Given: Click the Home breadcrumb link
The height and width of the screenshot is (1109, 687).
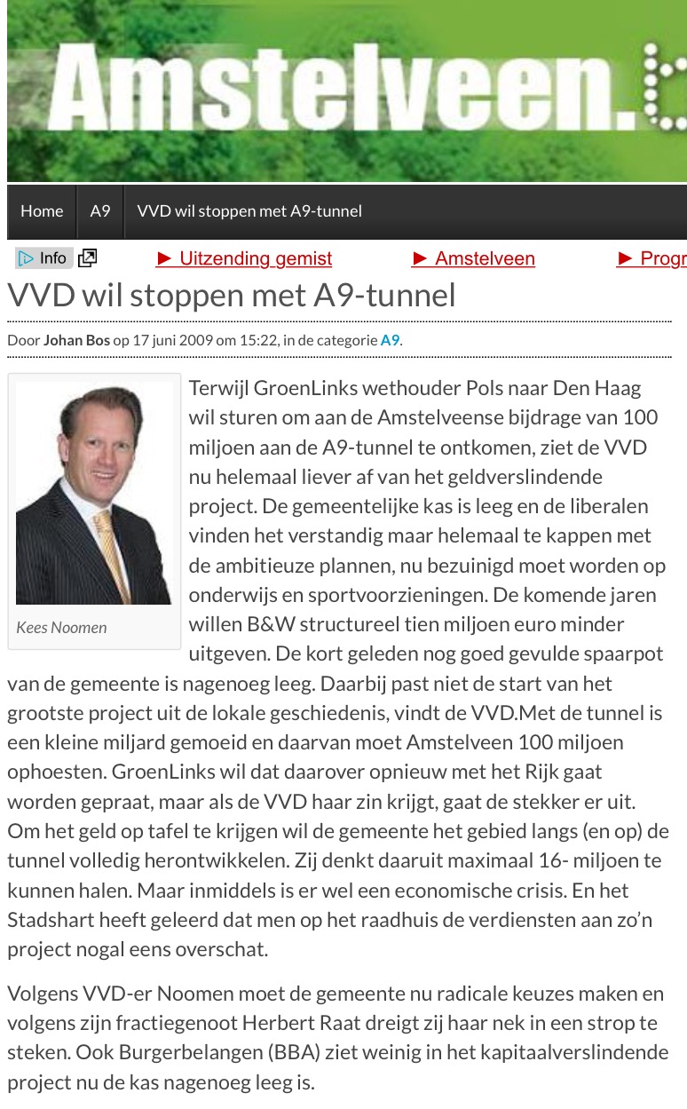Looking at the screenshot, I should coord(42,211).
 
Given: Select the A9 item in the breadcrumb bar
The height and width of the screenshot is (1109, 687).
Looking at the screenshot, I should coord(100,211).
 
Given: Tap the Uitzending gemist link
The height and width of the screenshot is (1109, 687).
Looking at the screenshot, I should coord(244,258).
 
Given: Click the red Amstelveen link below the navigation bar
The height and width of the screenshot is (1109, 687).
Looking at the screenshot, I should coord(474,258).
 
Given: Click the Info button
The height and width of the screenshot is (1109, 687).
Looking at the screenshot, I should coord(44,258).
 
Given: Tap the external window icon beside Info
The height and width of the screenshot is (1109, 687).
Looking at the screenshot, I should coord(87,258).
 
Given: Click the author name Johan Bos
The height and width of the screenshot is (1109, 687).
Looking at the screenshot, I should coord(76,340).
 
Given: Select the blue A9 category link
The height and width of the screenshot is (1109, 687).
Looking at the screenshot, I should coord(390,340).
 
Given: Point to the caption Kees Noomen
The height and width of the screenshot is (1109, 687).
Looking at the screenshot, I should coord(61,628).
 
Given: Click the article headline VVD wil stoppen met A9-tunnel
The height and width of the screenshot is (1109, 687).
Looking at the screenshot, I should coord(232,295).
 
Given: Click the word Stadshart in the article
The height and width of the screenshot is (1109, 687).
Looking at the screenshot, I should coord(44,920).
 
